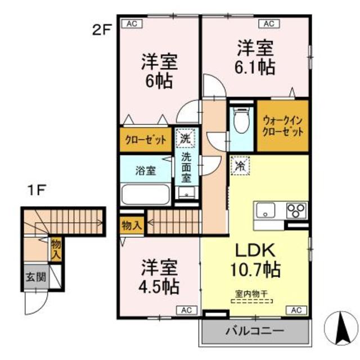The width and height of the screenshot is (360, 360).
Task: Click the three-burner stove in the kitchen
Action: (x=295, y=211)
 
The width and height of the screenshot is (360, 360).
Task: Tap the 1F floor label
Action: (x=37, y=190)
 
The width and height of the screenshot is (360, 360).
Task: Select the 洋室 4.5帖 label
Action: (x=159, y=278)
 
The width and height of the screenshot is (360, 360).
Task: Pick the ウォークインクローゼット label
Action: (x=283, y=126)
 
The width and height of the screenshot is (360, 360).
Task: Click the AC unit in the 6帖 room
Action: (x=132, y=23)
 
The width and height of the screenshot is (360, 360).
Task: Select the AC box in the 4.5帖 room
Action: (x=185, y=309)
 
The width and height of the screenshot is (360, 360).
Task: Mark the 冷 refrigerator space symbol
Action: (x=240, y=166)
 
